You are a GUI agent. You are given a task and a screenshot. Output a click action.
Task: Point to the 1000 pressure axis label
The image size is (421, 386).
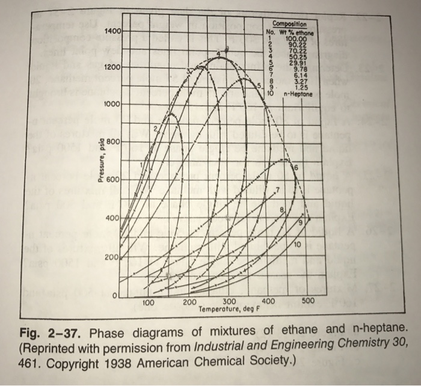pos(112,104)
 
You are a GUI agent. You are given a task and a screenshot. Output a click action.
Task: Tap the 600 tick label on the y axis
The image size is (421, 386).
pos(114,180)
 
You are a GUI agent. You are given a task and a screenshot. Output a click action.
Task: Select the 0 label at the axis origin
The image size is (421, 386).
pos(115,294)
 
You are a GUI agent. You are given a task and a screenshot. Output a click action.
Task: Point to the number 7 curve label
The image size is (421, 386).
pos(277,191)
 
